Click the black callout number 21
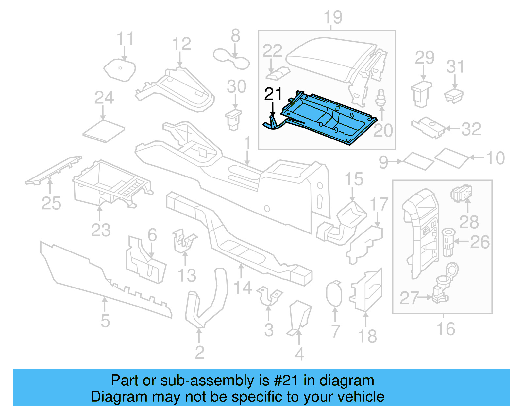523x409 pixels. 273,94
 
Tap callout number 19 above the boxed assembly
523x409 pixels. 333,17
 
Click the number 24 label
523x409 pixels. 104,98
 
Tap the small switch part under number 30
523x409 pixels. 234,120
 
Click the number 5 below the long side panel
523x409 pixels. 105,321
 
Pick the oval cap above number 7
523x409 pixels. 334,293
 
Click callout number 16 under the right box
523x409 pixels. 446,329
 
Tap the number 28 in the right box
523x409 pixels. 469,222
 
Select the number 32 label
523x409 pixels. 471,129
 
